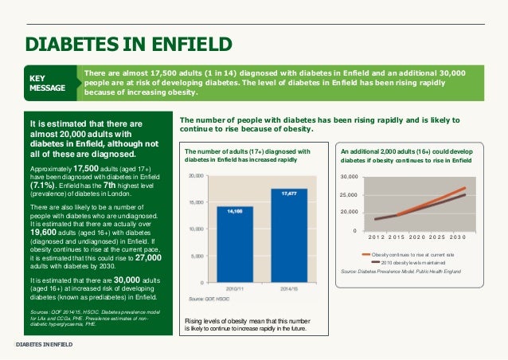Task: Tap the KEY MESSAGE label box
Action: point(48,83)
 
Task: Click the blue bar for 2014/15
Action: point(290,235)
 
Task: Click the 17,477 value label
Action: point(290,193)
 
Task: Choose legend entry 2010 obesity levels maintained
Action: point(416,262)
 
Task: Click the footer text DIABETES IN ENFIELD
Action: point(45,344)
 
